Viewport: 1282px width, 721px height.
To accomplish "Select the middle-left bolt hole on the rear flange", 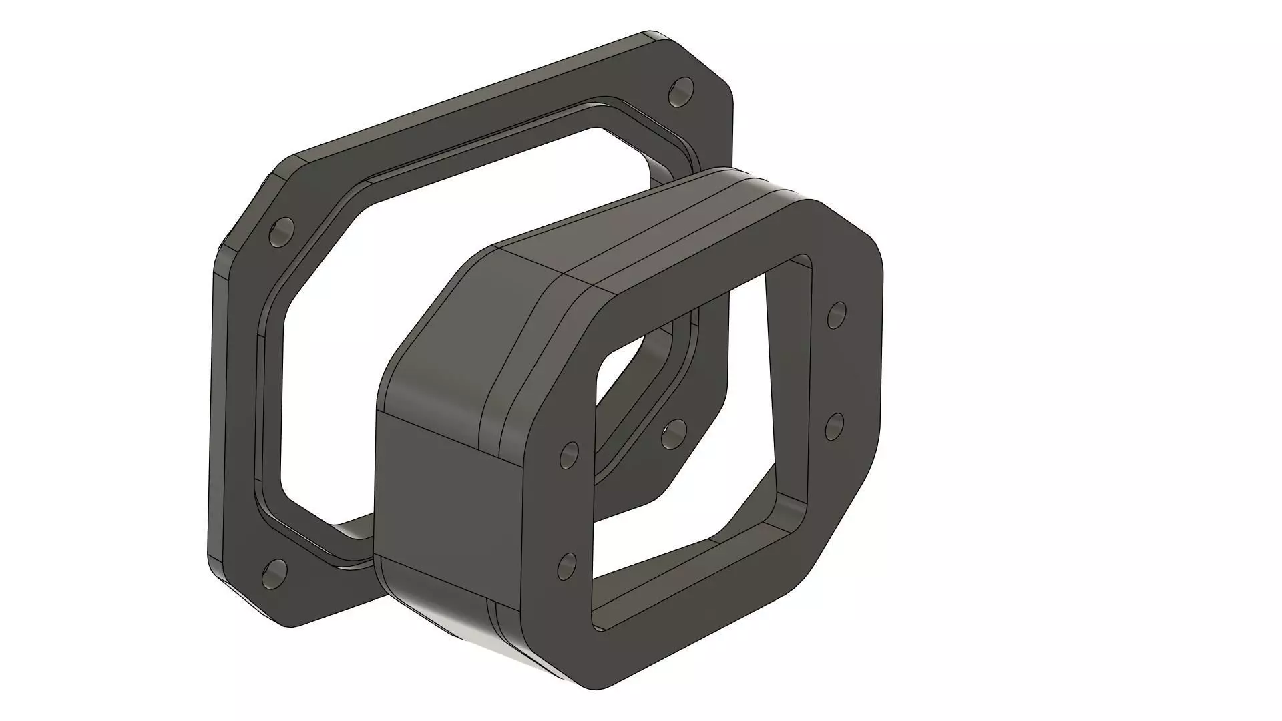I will pyautogui.click(x=281, y=231).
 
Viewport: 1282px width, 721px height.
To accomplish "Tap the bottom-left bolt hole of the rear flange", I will pyautogui.click(x=274, y=571).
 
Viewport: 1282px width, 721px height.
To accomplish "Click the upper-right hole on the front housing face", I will pyautogui.click(x=837, y=315).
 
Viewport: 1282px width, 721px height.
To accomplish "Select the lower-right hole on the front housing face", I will pyautogui.click(x=834, y=426).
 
